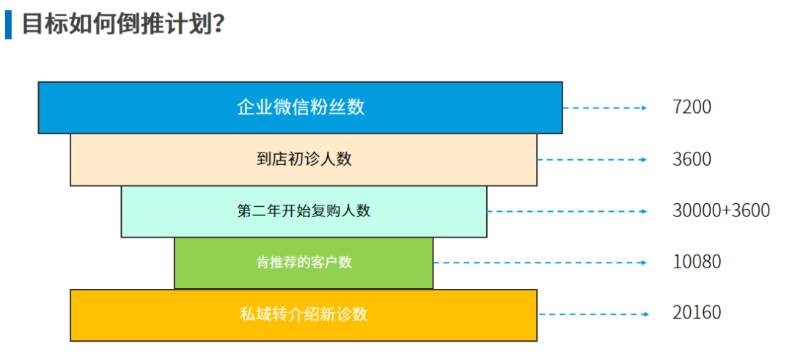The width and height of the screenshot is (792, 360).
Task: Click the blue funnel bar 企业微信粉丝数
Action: click(x=300, y=108)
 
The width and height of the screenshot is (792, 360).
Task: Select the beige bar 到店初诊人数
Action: click(x=304, y=160)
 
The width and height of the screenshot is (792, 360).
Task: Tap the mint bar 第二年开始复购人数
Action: click(x=304, y=211)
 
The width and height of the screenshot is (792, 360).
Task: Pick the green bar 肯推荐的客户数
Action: click(x=304, y=262)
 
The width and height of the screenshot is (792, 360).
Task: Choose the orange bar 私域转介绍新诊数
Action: click(x=304, y=315)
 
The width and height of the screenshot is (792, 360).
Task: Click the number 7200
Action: click(x=692, y=107)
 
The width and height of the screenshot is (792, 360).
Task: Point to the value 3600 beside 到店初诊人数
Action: click(x=692, y=160)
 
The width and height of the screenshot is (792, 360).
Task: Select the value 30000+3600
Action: click(x=721, y=211)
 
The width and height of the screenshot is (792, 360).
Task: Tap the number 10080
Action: click(x=697, y=262)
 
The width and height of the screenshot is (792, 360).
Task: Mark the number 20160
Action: click(x=697, y=313)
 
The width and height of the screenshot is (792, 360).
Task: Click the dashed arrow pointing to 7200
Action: click(x=605, y=108)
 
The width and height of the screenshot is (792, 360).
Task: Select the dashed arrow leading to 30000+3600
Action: click(x=567, y=211)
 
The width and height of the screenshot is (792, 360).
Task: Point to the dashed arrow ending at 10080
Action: click(x=540, y=262)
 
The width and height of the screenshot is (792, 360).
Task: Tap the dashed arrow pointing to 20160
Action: click(x=593, y=314)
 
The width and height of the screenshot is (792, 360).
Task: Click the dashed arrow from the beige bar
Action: click(x=592, y=160)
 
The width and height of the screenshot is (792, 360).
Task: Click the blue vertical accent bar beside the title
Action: click(x=8, y=24)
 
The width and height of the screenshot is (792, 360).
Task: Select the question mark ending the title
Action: click(x=219, y=24)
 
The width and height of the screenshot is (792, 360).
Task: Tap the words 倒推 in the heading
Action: click(x=136, y=23)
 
